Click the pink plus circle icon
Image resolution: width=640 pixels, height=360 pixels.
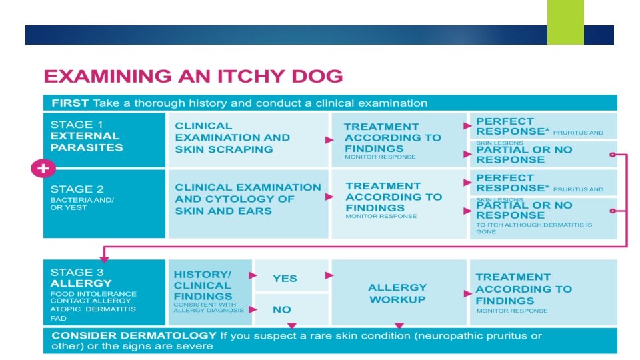click(43, 169)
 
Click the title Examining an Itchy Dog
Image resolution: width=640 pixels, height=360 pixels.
click(193, 76)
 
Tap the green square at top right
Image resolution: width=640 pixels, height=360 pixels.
click(565, 22)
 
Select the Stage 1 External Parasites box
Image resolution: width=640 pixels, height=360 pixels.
click(104, 139)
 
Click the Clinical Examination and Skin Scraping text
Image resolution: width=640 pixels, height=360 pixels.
click(233, 137)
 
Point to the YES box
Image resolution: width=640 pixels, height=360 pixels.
click(285, 278)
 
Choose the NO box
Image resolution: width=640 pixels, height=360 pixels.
click(282, 309)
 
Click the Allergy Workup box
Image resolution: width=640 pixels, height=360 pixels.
click(397, 293)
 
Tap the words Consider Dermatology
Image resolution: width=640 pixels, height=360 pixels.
click(134, 335)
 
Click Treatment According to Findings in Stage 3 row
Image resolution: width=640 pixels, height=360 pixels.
click(523, 289)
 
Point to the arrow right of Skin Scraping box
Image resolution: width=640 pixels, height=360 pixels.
click(329, 140)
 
